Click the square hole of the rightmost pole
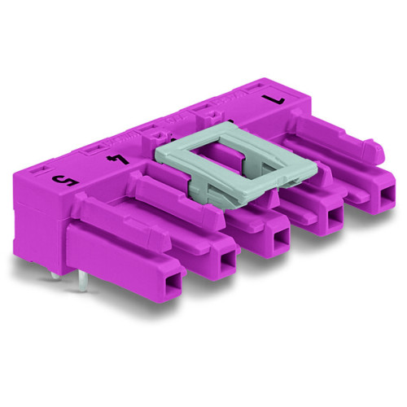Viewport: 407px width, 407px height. pos(379,198)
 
